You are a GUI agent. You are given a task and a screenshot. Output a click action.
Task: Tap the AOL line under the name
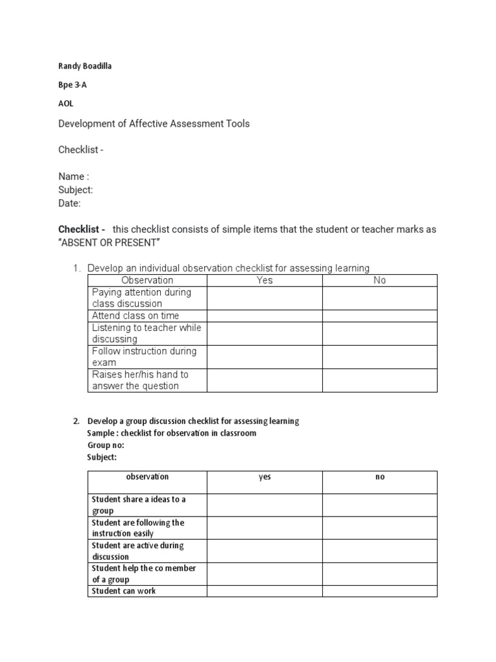point(66,103)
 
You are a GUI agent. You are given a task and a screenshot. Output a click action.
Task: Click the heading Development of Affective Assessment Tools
point(154,123)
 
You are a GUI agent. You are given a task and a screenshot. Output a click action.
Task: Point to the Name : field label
point(74,176)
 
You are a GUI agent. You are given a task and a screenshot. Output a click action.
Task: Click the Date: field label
point(70,203)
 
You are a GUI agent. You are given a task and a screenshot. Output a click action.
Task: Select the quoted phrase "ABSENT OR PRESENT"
point(108,242)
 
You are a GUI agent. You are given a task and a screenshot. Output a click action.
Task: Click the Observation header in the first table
point(147,280)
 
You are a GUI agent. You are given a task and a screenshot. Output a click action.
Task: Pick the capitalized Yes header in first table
point(264,280)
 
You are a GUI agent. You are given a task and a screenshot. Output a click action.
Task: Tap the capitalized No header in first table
point(380,280)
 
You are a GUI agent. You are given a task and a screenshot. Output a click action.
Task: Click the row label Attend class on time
point(136,315)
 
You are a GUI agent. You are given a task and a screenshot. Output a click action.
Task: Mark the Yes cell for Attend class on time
point(264,315)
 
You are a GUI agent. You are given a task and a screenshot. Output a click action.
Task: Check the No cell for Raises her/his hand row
point(380,380)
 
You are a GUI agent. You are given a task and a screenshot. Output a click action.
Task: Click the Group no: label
point(105,445)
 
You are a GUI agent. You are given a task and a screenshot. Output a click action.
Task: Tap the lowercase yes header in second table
point(264,477)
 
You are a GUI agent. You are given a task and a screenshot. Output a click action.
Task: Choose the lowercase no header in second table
point(380,477)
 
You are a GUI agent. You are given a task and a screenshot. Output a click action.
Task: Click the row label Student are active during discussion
point(138,551)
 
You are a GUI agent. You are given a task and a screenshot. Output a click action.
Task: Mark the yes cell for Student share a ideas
point(264,505)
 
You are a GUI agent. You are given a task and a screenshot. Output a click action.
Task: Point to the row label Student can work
point(124,591)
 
